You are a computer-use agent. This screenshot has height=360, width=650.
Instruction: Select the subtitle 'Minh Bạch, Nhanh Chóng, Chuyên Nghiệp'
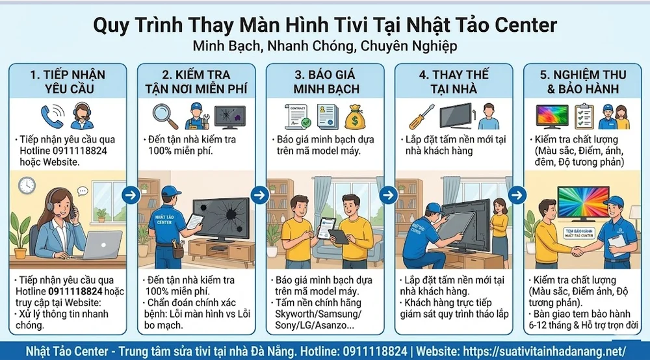[325, 46]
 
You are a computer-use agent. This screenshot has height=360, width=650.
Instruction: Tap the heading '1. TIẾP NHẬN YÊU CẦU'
[68, 81]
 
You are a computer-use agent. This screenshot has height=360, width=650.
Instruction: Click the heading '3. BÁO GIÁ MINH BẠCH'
[325, 81]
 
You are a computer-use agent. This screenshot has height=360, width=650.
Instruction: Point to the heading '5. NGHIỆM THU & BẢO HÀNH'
[582, 81]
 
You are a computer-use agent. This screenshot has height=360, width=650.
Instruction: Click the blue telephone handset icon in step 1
[51, 116]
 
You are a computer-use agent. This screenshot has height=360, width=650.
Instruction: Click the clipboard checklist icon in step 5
[583, 116]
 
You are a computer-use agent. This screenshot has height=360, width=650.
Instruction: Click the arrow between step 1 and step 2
[131, 194]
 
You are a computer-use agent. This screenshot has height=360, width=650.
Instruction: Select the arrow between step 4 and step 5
[517, 194]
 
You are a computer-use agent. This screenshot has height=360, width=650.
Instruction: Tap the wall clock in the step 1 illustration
[27, 185]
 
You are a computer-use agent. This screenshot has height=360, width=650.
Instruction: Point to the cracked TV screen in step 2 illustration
[221, 218]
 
